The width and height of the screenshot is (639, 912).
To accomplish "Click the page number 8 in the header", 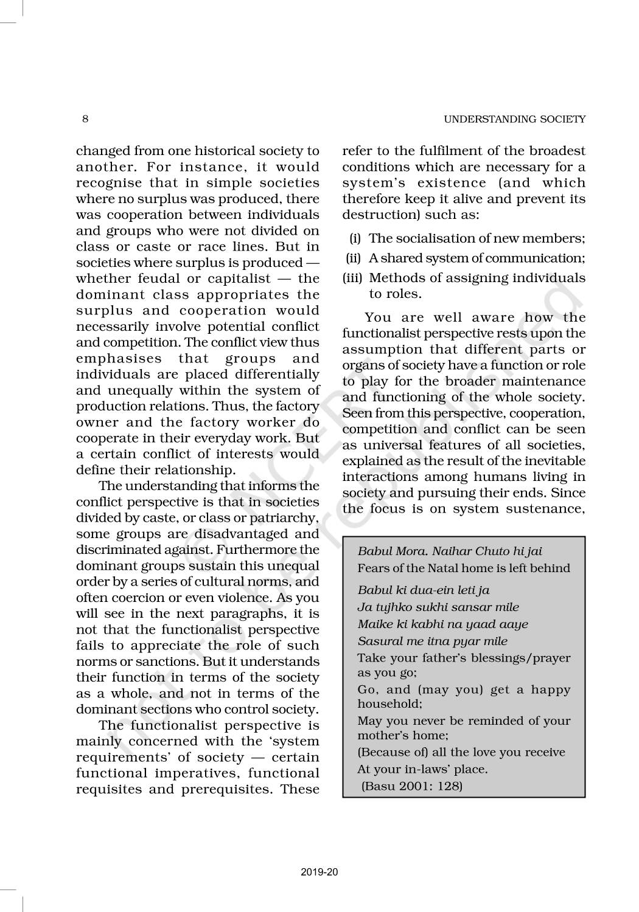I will (85, 119).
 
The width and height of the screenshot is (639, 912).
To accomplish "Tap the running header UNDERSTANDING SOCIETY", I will (514, 119).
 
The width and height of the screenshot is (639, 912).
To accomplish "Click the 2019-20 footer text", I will (319, 872).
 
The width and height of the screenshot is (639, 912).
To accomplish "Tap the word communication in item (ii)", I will (528, 258).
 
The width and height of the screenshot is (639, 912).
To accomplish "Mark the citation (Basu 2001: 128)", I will (412, 786).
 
